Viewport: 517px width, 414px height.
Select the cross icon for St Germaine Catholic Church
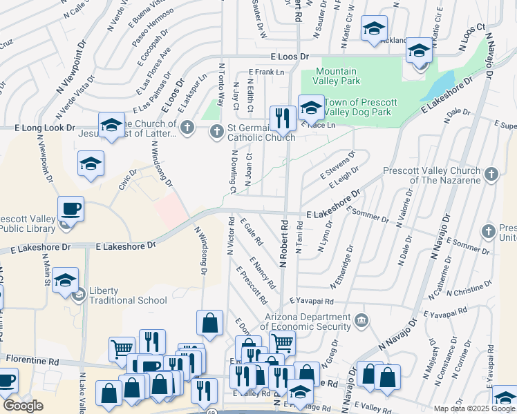click(216, 130)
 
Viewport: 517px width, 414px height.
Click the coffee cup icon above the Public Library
click(70, 208)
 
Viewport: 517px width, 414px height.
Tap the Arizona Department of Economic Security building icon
click(361, 321)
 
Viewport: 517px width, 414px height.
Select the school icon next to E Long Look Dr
click(111, 125)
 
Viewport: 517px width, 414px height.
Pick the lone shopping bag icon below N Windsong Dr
click(209, 322)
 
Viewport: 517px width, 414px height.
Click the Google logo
click(23, 406)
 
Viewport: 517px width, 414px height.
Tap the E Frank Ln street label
click(267, 72)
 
